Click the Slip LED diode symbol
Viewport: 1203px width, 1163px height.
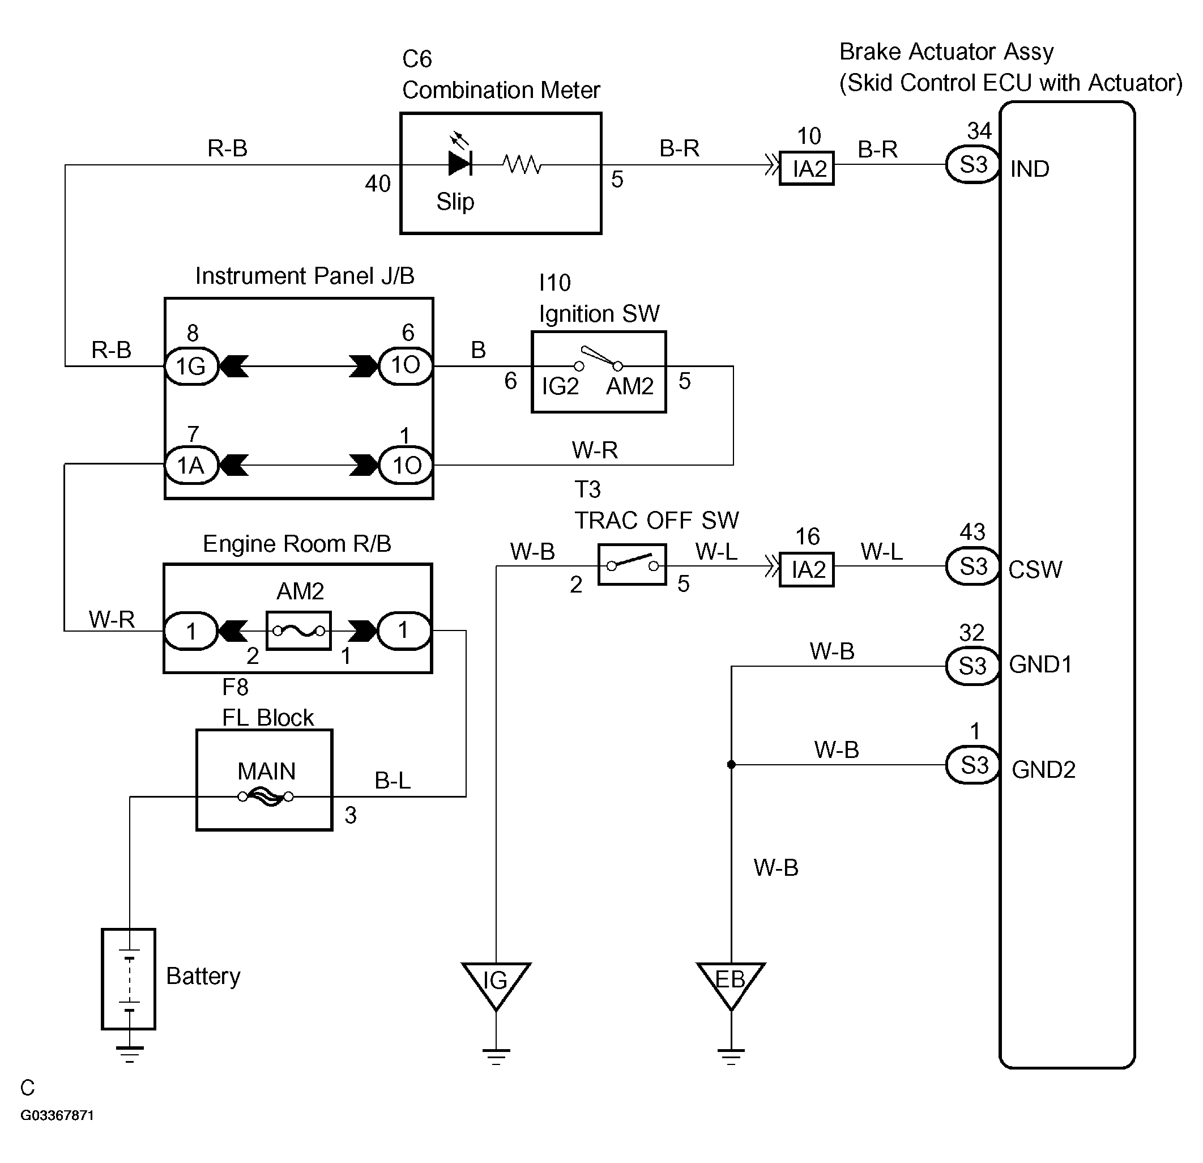pos(460,163)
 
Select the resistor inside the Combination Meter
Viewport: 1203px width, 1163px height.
pos(522,164)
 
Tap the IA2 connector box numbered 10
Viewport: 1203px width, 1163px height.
pos(807,168)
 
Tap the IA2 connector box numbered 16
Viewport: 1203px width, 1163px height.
pos(807,569)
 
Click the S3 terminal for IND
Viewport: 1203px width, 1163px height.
pos(973,164)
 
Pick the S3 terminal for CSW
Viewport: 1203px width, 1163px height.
pos(973,566)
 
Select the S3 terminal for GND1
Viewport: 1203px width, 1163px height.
pos(973,666)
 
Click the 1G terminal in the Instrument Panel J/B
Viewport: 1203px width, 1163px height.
pos(191,367)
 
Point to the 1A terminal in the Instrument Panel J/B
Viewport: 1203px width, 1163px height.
pos(191,466)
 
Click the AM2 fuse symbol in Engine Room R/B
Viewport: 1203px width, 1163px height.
pos(299,630)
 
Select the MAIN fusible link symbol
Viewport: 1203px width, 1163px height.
pos(266,797)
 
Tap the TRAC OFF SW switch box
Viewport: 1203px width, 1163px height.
pos(632,564)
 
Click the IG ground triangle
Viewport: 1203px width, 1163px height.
pos(496,986)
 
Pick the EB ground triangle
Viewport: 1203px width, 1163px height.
pos(731,986)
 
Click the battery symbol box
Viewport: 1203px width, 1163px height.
pos(128,979)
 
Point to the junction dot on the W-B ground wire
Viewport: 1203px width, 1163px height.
pos(731,765)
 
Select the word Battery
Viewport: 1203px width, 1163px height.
pos(203,976)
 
